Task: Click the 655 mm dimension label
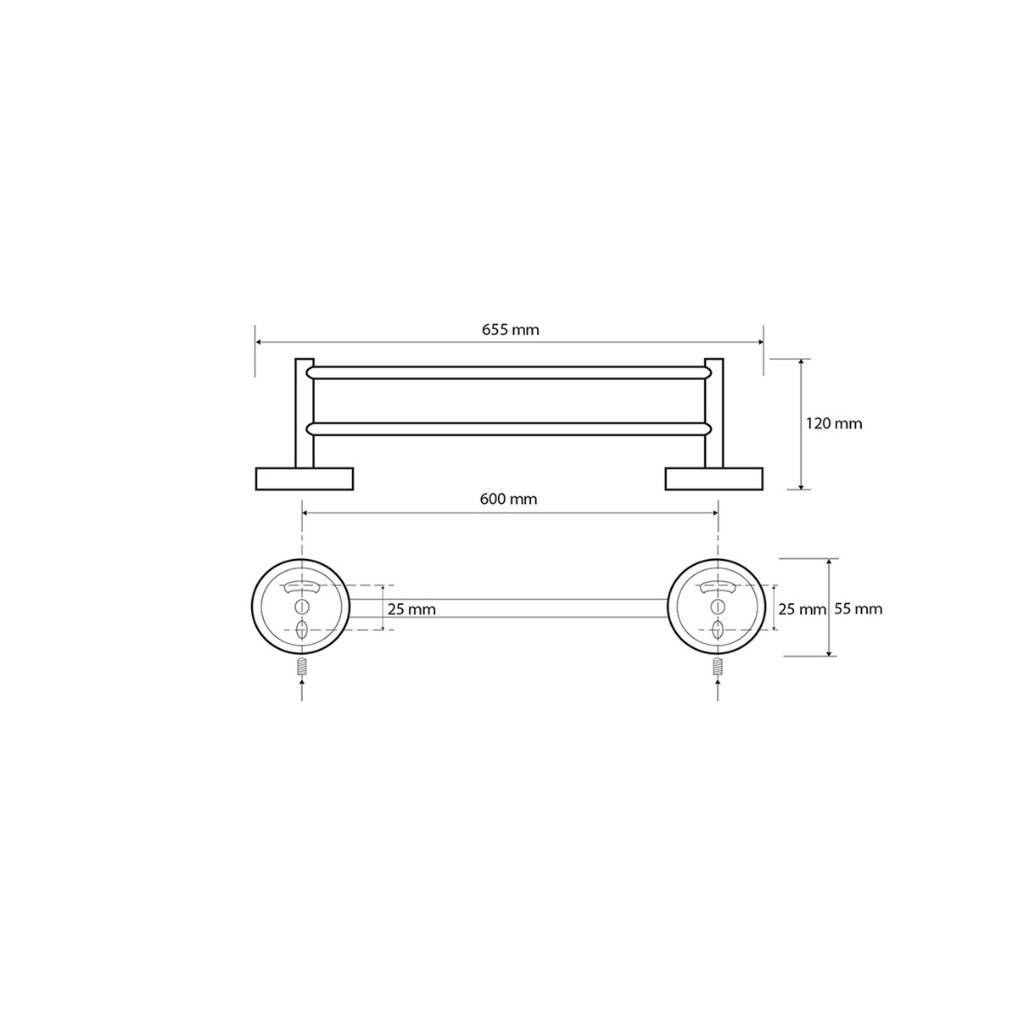coord(510,330)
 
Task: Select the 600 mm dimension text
coord(508,499)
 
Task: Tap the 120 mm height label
coord(834,423)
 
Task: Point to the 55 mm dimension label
coord(858,609)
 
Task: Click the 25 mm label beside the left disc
coord(411,610)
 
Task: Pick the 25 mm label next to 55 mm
coord(802,610)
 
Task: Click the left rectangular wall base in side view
coord(305,478)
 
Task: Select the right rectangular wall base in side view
coord(713,478)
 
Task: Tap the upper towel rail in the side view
coord(509,372)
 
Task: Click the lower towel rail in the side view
coord(509,429)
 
